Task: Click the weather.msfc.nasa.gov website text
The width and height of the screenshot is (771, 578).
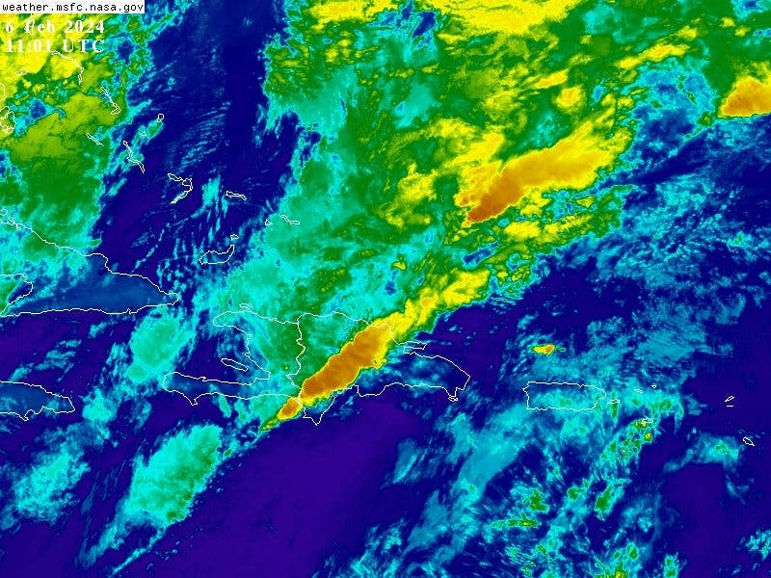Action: point(73,7)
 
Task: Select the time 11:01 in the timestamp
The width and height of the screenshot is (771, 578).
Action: point(29,44)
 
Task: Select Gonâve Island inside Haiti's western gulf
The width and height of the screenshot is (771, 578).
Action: point(232,364)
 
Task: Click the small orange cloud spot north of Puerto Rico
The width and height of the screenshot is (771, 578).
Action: point(544,349)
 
